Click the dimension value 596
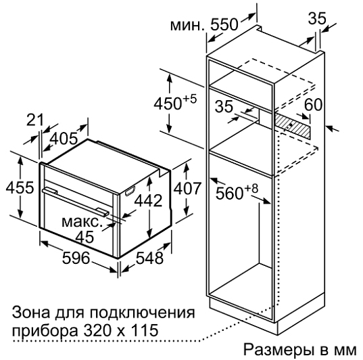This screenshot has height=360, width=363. [76, 258]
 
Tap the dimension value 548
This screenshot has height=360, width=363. [149, 258]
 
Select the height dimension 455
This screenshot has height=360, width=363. [20, 187]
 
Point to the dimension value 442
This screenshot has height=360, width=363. [149, 200]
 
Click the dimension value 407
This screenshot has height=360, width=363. [187, 189]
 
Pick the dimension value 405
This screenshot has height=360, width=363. [64, 139]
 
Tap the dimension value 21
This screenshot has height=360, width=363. [35, 120]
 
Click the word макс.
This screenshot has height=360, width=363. [82, 222]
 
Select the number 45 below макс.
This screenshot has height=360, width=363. [85, 237]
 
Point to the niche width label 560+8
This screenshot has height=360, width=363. [237, 192]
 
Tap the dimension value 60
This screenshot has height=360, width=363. [313, 104]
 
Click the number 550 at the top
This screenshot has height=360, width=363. [224, 24]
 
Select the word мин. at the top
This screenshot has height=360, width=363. [188, 26]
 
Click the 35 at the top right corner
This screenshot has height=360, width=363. [317, 18]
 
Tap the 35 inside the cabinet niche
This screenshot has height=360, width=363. [224, 106]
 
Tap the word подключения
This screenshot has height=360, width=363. [143, 313]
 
